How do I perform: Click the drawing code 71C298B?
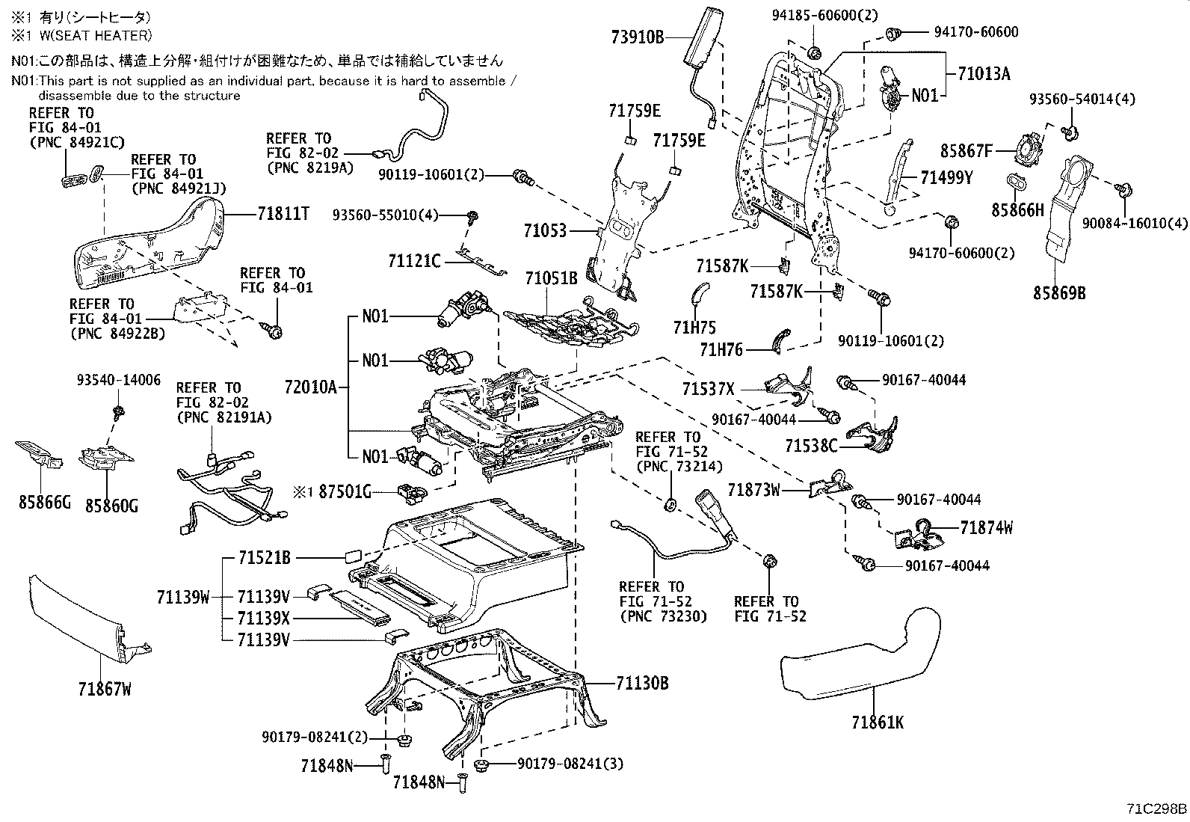click(x=1157, y=809)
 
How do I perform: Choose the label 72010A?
click(x=311, y=387)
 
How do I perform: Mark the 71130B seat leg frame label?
click(x=642, y=683)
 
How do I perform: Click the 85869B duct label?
click(x=1059, y=293)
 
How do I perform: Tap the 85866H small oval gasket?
click(x=1017, y=182)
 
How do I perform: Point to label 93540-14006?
click(x=118, y=380)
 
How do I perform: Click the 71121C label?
click(x=414, y=260)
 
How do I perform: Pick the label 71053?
click(x=545, y=230)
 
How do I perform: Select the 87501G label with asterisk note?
click(x=345, y=491)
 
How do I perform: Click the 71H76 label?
click(x=721, y=349)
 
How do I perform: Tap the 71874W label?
click(x=987, y=528)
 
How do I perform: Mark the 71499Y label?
click(x=946, y=177)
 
